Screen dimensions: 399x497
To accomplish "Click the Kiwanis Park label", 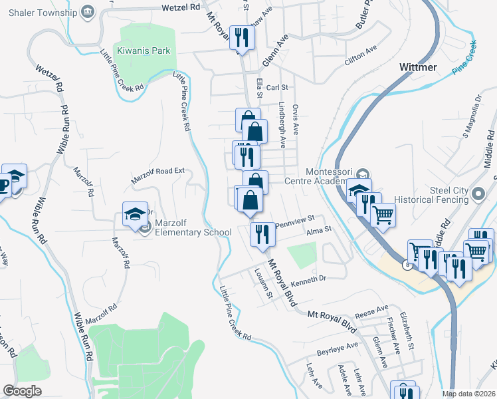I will tap(144, 51).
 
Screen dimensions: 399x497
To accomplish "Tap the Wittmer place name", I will tap(418, 67).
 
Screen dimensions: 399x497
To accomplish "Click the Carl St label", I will tap(276, 88).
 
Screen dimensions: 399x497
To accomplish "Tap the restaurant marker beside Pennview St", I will tap(262, 235).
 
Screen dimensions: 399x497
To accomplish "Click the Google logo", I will tap(21, 390).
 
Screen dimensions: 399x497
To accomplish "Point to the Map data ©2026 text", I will tap(469, 394).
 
